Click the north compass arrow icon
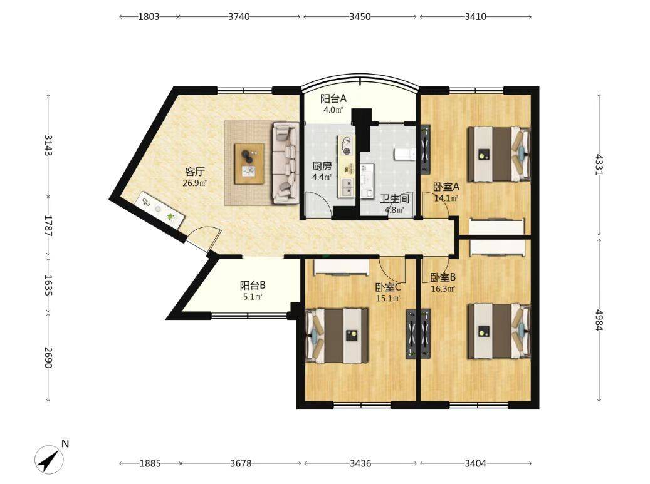[50, 459]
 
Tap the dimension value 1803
[149, 16]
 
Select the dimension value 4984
[598, 319]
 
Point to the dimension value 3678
[241, 463]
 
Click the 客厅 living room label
[195, 172]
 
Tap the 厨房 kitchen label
[322, 166]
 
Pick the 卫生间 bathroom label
[395, 199]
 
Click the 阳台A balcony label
[333, 98]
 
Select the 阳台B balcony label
[253, 286]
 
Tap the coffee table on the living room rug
[249, 163]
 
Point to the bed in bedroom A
[499, 154]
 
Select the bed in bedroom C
[337, 336]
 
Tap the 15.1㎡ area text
[387, 298]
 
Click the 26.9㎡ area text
[195, 183]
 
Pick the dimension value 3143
[48, 145]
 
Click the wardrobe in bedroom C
[341, 268]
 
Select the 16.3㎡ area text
[443, 289]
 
